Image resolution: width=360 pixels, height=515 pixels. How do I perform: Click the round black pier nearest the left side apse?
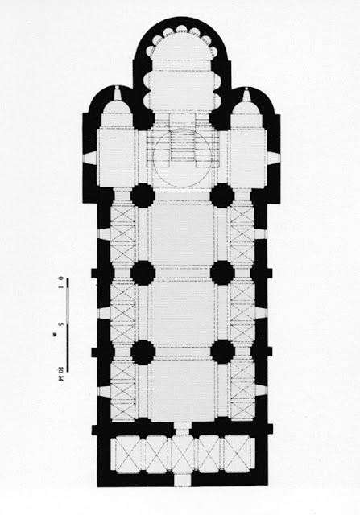tap(143, 196)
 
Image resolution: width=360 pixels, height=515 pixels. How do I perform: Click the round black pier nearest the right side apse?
tap(222, 196)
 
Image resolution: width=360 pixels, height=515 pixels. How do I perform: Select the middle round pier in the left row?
tap(143, 273)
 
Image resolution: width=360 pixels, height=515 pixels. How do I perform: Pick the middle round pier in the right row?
tap(222, 273)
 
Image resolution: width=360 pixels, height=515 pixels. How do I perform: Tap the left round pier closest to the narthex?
tap(143, 352)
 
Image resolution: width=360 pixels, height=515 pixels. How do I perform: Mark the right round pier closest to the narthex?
tap(222, 352)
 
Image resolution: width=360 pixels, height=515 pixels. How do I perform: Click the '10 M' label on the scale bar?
tap(60, 373)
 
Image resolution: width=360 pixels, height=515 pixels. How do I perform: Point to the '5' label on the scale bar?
tap(60, 323)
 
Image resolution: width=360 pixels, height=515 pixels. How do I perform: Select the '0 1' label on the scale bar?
tap(60, 283)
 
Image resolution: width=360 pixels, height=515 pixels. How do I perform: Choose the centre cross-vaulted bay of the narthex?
tap(183, 455)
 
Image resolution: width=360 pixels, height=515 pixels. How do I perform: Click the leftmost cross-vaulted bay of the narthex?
tap(129, 455)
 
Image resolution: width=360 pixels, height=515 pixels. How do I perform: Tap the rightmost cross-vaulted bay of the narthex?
tap(238, 455)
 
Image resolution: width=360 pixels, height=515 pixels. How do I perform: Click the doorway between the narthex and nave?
tap(182, 428)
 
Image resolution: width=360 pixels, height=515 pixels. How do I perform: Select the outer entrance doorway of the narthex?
tap(183, 480)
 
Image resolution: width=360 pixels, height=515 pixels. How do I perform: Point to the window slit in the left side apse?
tap(118, 93)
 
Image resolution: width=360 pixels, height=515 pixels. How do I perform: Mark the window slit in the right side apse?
tap(246, 93)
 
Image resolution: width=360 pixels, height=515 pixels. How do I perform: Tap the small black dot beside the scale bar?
tap(54, 335)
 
